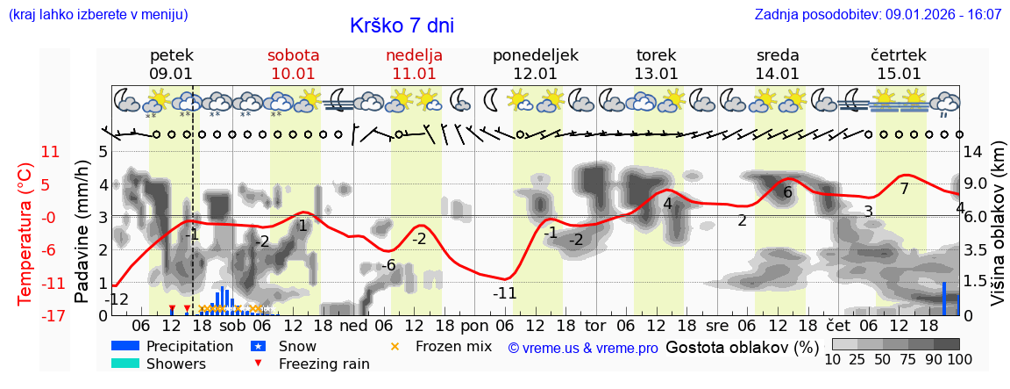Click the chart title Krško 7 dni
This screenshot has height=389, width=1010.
[x=402, y=26]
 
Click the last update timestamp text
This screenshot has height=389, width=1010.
[x=878, y=15]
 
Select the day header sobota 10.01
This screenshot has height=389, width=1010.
[x=293, y=64]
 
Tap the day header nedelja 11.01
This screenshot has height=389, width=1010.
[x=414, y=64]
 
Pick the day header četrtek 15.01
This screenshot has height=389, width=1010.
[x=899, y=64]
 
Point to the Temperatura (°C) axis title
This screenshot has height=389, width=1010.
[x=25, y=234]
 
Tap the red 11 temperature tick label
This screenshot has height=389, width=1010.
[x=51, y=152]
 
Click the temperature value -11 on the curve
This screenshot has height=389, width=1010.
[x=505, y=293]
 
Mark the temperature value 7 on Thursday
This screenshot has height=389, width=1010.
[x=904, y=189]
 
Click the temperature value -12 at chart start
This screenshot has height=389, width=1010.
[x=117, y=299]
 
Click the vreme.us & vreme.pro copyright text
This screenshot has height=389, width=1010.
[x=583, y=349]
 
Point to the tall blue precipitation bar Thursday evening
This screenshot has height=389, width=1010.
[x=944, y=299]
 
